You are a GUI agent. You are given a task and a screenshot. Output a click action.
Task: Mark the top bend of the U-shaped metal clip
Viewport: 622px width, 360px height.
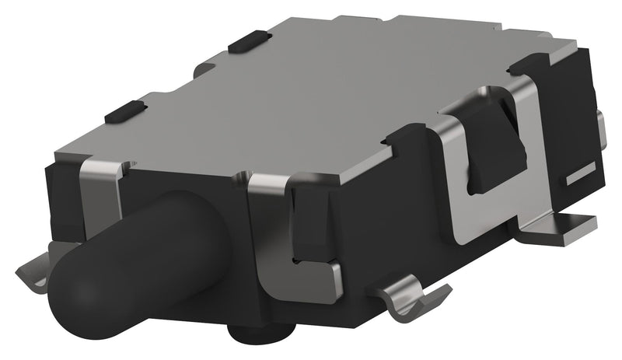click(466, 109)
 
